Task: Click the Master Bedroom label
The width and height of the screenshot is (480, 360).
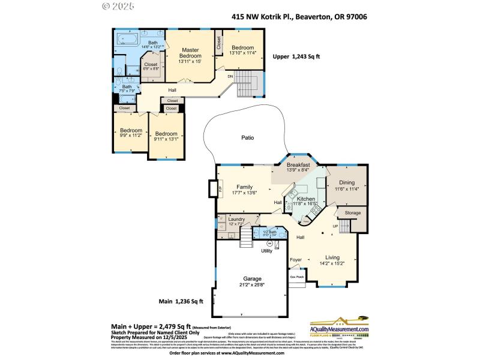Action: (190, 53)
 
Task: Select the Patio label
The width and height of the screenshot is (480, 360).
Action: (247, 138)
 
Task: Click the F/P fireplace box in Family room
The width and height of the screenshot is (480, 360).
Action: (212, 188)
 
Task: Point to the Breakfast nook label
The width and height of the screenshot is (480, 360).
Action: (298, 165)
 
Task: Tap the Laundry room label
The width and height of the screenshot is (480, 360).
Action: (236, 220)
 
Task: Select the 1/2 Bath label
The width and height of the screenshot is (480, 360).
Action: (269, 232)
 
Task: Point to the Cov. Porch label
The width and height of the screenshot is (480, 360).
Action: (297, 277)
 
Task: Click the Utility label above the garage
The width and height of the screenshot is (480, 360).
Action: (267, 251)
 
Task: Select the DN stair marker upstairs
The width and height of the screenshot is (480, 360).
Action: (229, 76)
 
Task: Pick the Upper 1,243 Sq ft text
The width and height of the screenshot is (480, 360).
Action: (296, 56)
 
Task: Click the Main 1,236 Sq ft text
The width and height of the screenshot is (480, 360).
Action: (181, 301)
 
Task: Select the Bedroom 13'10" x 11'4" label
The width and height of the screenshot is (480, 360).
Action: (243, 50)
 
